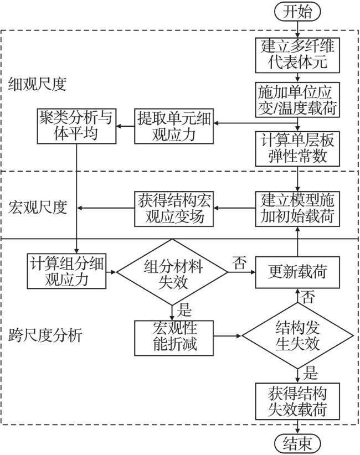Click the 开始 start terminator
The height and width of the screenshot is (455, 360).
coord(298,11)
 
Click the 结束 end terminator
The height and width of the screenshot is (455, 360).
coord(298,443)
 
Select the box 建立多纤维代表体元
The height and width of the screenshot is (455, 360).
coord(299,53)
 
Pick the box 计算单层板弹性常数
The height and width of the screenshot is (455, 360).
coord(299,147)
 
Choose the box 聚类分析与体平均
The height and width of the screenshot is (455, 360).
coord(76,125)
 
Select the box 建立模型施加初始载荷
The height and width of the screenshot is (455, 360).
coord(299,208)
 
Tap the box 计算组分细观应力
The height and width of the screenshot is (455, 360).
coord(68,271)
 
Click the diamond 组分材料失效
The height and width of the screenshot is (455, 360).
coord(173,271)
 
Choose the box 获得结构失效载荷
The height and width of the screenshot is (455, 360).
coord(299,401)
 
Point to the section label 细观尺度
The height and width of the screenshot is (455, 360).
coord(38,84)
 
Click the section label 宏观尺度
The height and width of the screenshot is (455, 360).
coord(38,208)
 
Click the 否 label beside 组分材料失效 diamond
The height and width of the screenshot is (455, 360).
coord(240,263)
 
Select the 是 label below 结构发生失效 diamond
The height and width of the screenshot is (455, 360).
coord(311,373)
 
